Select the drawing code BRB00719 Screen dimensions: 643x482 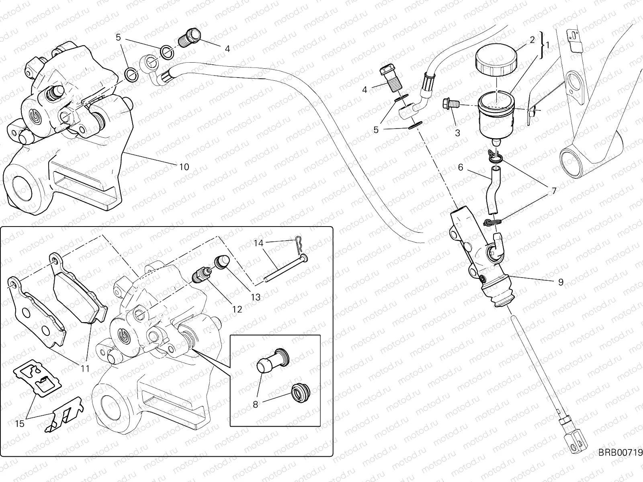(620, 461)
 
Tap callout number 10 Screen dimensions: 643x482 (184, 167)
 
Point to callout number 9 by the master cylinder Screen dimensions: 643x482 (561, 282)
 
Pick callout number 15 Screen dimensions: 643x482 (20, 424)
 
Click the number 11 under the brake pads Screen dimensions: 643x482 (85, 368)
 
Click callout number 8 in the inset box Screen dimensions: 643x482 (255, 404)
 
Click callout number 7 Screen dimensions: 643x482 (554, 191)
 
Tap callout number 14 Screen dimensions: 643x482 (259, 243)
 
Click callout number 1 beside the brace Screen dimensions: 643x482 (547, 45)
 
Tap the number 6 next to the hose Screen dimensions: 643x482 (460, 167)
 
